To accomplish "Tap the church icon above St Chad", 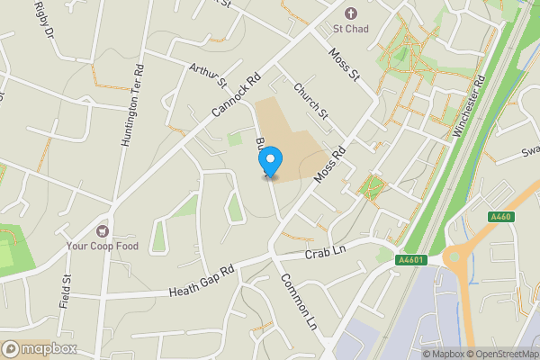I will pos(351,13).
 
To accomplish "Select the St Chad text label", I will pos(351,29).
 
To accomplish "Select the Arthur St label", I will pos(209,76).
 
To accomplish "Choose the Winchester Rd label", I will pos(469,105).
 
